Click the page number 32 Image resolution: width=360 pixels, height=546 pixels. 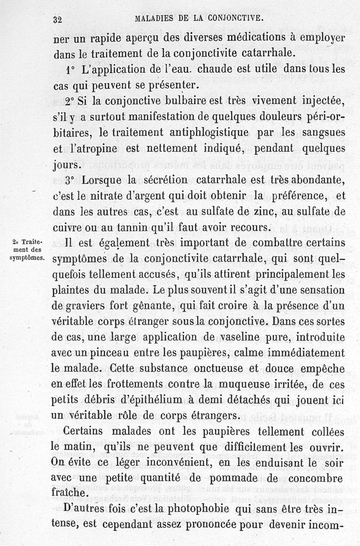57,19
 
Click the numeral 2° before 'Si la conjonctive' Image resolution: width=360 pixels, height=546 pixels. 69,101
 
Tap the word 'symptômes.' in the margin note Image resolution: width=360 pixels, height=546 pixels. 27,258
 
